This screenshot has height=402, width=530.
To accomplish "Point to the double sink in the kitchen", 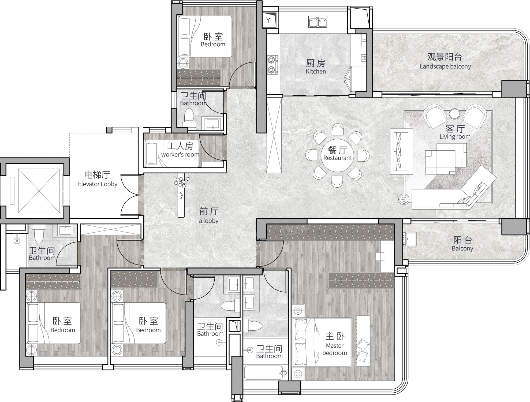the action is pos(318,22).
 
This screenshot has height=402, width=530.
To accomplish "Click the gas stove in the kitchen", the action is pos(272,64).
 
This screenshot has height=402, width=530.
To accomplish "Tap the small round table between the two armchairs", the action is pos(454,114).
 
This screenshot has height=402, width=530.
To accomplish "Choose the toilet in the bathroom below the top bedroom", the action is pos(189,118).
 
